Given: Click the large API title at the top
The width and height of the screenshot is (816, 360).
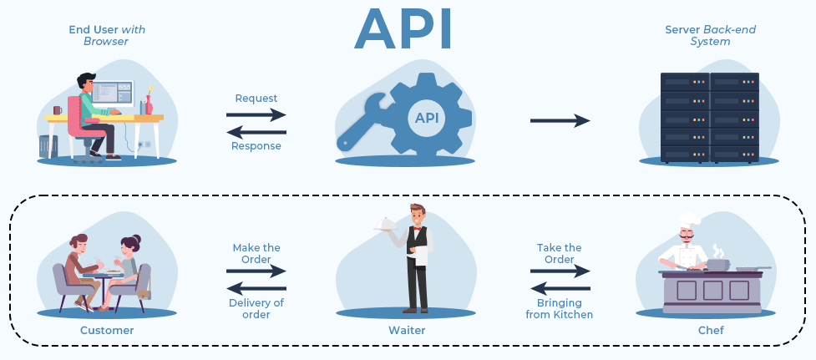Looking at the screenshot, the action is (x=403, y=28).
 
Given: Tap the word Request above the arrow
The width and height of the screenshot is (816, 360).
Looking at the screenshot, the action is (x=256, y=99).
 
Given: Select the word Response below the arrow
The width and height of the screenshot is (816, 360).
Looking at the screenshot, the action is (x=256, y=145).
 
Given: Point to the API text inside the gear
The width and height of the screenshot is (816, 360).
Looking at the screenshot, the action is (x=427, y=118).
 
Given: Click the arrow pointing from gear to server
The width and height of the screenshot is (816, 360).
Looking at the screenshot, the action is (x=560, y=120).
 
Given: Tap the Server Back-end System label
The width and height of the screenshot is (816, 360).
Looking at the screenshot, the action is (x=710, y=35).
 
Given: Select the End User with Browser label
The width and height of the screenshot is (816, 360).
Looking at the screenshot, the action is (x=107, y=35).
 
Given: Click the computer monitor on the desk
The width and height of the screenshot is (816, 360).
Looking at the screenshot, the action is (x=113, y=94).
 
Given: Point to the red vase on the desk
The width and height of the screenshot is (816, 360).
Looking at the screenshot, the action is (x=149, y=104).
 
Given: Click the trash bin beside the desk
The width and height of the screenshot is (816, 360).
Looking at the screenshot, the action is (x=48, y=146).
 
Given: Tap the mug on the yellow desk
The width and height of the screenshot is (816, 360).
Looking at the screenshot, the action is (x=58, y=110).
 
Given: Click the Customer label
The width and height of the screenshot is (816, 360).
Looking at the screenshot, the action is (x=107, y=330).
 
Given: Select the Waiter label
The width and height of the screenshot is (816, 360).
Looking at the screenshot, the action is (x=407, y=330).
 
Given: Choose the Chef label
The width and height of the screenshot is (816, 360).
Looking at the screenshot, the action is (x=711, y=330).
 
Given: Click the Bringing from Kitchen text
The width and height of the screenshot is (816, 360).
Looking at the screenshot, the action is (x=559, y=308).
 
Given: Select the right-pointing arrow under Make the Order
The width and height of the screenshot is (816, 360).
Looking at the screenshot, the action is (x=256, y=271).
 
